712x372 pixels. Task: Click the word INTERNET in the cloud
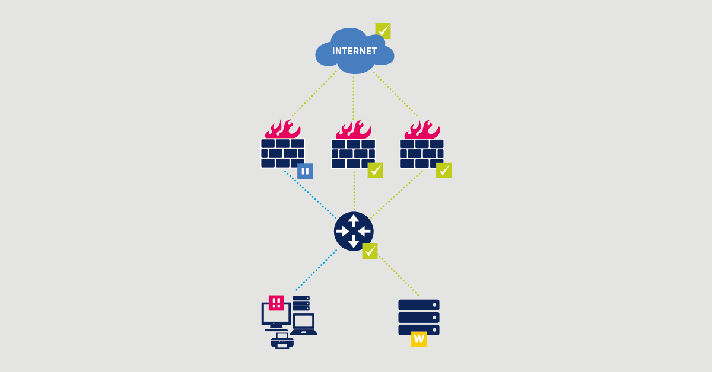(x=354, y=52)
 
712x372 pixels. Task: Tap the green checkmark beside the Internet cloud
(x=383, y=30)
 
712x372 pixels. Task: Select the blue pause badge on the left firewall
(x=305, y=171)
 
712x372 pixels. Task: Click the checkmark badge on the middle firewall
(x=375, y=171)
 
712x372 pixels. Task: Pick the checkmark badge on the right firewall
(x=444, y=171)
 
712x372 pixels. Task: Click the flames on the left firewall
(x=283, y=129)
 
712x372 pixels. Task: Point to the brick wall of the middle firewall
(x=354, y=154)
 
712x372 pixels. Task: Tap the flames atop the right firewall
(x=422, y=129)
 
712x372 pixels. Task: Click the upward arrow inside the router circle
(x=354, y=220)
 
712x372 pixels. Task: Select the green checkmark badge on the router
(x=370, y=251)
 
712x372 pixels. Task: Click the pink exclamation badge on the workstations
(x=276, y=303)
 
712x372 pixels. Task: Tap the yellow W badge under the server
(x=419, y=339)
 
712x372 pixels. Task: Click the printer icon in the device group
(x=282, y=341)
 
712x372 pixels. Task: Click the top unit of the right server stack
(x=419, y=305)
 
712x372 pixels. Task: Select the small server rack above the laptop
(x=301, y=303)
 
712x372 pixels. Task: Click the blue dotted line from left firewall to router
(x=309, y=195)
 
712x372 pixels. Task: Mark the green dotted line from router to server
(x=399, y=275)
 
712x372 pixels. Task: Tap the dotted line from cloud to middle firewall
(x=354, y=95)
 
